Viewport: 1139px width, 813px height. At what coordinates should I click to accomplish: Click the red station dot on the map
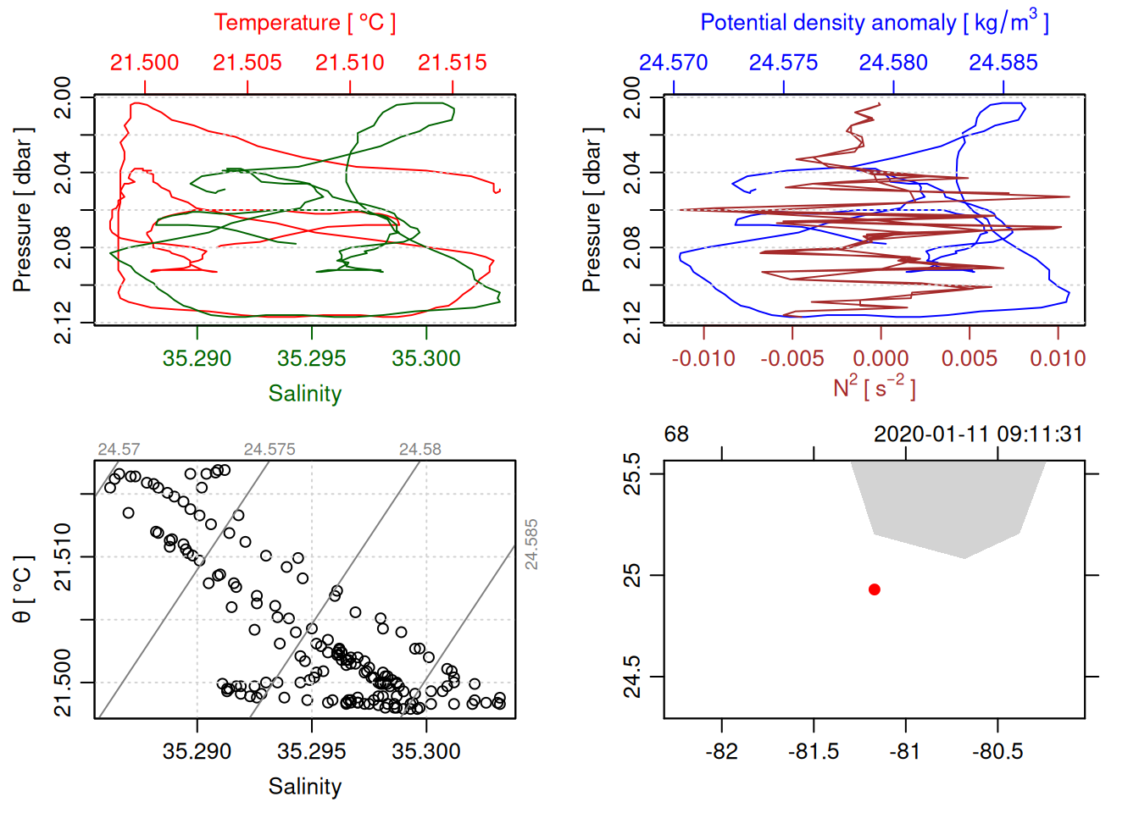(x=875, y=589)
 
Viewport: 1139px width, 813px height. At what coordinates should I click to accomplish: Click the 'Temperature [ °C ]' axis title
(x=304, y=23)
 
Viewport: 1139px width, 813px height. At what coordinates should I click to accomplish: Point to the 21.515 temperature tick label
(x=453, y=63)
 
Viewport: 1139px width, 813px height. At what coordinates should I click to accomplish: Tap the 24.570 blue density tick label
(x=673, y=63)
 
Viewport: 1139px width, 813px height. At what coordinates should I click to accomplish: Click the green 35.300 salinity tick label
(x=426, y=358)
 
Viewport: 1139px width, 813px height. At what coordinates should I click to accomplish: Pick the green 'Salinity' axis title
(x=305, y=394)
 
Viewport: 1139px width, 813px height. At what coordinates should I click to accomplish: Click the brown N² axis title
(x=874, y=388)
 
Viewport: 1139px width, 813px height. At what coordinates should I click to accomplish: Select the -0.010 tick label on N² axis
(x=703, y=358)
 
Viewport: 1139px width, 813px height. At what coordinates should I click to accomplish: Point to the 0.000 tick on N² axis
(x=881, y=358)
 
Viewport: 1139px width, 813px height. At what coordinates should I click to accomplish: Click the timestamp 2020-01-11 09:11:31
(x=978, y=434)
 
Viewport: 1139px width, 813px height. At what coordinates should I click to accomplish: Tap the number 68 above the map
(x=676, y=434)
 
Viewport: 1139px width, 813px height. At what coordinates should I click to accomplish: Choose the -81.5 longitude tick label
(x=814, y=751)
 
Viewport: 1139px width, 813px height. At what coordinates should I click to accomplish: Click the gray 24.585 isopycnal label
(x=531, y=545)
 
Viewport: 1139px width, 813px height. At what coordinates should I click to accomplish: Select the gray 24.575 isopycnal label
(x=269, y=450)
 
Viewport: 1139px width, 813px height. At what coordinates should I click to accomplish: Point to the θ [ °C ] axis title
(x=23, y=589)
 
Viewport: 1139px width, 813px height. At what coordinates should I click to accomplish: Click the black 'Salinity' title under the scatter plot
(x=305, y=787)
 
